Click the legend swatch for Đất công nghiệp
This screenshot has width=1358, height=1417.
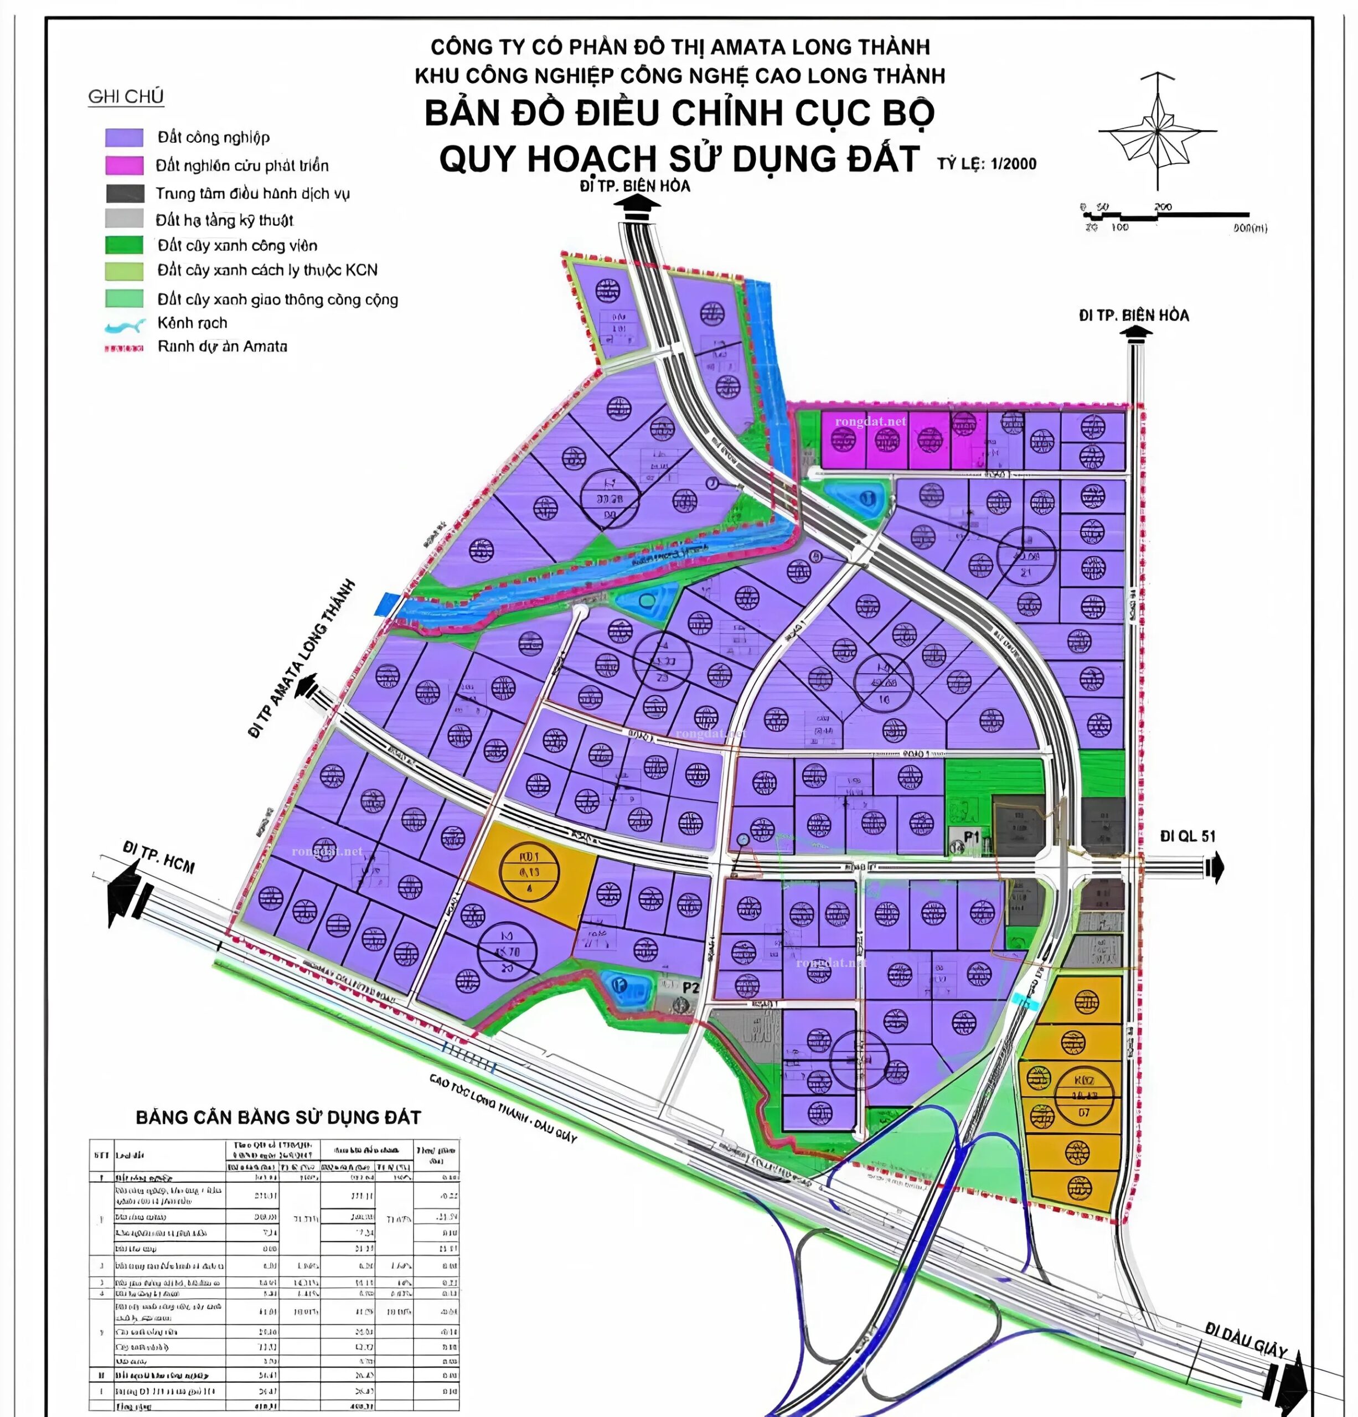[x=125, y=137]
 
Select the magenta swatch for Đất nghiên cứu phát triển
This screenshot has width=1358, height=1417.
[x=125, y=166]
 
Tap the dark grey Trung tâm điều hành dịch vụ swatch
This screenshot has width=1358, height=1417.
[x=125, y=193]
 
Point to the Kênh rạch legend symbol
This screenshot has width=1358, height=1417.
[x=125, y=327]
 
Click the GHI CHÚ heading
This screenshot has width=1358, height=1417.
[x=126, y=97]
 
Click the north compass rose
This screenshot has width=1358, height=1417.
[x=1157, y=132]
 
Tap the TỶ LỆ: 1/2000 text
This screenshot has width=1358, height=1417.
[x=987, y=163]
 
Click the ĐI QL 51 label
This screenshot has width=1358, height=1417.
[x=1187, y=836]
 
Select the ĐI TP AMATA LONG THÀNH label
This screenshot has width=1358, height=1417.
[x=302, y=659]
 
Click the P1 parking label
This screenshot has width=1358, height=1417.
[x=970, y=837]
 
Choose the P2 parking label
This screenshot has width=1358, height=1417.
[x=690, y=987]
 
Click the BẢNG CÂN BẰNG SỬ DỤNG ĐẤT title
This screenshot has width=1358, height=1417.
[x=278, y=1118]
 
